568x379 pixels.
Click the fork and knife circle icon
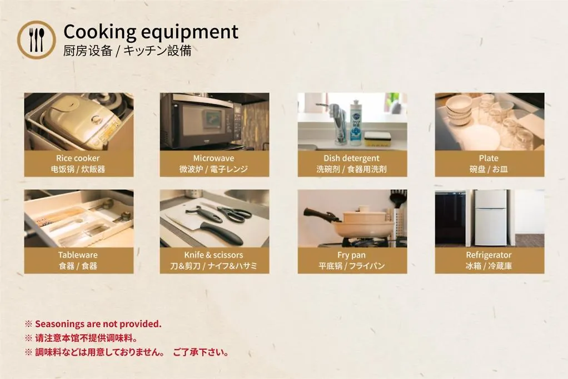37,40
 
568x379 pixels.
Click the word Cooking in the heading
99,32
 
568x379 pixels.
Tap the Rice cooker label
78,158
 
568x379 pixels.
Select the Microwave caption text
214,158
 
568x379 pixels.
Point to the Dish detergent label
351,158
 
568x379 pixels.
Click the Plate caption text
489,158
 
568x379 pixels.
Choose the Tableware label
78,255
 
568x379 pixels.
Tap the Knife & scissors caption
214,255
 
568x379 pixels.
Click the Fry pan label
351,255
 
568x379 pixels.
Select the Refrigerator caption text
489,255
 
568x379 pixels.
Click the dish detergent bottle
356,123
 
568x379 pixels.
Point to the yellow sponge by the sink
378,139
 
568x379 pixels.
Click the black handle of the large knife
221,233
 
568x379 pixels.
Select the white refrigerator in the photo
491,218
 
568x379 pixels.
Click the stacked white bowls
459,110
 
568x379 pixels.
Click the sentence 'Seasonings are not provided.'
98,324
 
